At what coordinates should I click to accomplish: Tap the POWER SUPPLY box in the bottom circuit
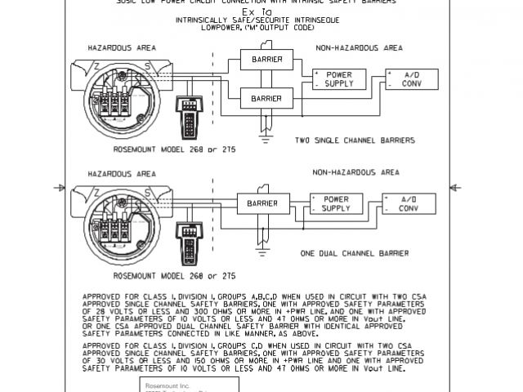(333, 203)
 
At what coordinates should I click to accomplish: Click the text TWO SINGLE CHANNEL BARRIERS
(354, 140)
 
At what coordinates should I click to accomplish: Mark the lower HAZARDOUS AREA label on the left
(123, 174)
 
